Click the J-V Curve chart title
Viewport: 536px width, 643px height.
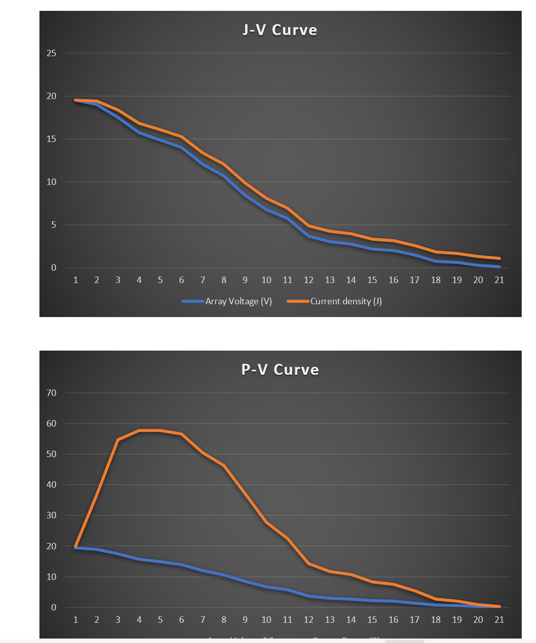point(280,30)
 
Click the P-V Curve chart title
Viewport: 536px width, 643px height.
point(280,369)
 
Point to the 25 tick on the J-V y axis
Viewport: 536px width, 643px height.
point(51,53)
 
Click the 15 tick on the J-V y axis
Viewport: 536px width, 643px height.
point(51,139)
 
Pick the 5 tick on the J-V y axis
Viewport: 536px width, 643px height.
point(53,225)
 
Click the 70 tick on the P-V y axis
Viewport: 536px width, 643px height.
point(51,393)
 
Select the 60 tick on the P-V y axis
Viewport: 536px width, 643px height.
point(51,424)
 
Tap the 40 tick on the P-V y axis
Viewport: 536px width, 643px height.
point(51,485)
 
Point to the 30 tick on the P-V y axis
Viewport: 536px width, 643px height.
point(51,515)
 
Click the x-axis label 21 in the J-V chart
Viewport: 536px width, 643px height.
point(499,280)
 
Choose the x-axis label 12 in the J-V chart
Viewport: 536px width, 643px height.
point(309,280)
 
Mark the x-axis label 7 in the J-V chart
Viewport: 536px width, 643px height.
point(203,280)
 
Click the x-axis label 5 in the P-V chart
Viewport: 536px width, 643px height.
point(160,620)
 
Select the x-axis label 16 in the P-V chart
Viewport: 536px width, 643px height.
point(393,620)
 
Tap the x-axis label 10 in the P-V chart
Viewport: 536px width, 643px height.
point(266,620)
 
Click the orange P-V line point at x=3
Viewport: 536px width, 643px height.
point(118,440)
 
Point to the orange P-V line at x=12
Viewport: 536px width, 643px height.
point(309,563)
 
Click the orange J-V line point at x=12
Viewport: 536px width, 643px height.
point(309,226)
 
